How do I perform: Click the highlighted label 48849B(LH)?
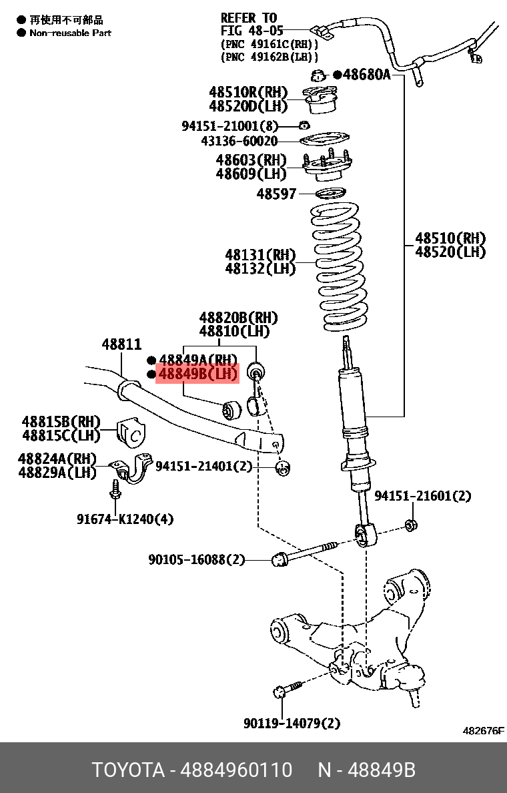point(197,374)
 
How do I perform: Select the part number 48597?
point(276,194)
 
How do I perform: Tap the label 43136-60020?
point(239,142)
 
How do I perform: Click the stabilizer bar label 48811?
point(121,344)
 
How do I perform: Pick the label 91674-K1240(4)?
point(125,519)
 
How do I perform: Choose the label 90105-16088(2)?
point(196,559)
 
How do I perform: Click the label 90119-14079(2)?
point(292,723)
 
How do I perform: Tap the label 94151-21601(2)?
point(422,496)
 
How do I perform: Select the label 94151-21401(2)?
point(203,467)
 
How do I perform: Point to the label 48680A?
point(366,75)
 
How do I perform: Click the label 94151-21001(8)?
point(229,125)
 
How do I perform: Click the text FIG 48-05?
point(252,30)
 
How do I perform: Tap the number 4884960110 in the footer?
point(237,770)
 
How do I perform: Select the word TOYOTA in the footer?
point(127,770)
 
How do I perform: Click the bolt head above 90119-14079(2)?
point(281,692)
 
